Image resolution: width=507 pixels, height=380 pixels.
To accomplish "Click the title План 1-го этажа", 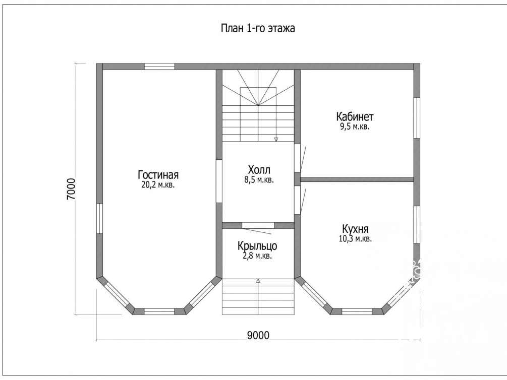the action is pos(258,28).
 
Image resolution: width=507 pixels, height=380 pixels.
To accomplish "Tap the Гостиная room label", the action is pos(158,175).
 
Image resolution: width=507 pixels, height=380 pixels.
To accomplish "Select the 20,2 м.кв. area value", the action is pos(158,185).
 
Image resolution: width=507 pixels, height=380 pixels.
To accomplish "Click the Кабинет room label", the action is pos(355,116).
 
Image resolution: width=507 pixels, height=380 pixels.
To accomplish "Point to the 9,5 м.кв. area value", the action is pos(355,126).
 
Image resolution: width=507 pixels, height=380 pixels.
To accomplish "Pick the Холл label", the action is pos(259,170).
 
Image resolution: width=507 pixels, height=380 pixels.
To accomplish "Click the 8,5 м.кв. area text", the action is pos(259,180).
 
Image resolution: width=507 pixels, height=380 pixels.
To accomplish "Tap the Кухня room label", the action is pos(355,229).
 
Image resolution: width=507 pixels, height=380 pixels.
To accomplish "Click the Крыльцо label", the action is pos(257,246).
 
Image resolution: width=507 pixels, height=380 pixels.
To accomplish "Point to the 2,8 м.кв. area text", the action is pos(257,256).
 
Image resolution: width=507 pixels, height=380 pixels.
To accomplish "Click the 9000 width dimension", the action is pos(258,336).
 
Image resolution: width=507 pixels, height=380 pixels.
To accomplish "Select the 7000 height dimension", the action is pos(71,188).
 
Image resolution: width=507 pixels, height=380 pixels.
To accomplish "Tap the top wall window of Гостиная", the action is pos(159,67).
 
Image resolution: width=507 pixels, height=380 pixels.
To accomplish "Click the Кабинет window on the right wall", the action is pos(417,117).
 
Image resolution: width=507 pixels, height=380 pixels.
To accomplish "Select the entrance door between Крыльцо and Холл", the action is pos(258,226).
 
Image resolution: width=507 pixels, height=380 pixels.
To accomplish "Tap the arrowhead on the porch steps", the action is pos(258,281).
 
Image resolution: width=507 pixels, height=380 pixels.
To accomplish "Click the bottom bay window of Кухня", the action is pos(357,311).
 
